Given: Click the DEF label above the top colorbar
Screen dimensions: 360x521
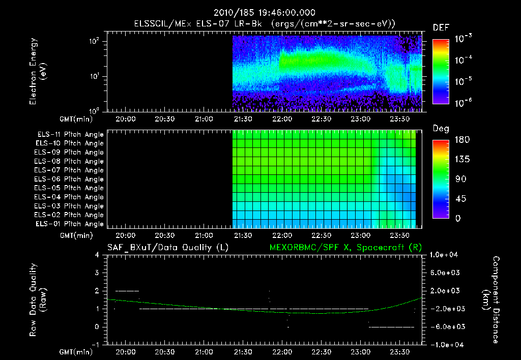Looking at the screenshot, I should click(441, 27).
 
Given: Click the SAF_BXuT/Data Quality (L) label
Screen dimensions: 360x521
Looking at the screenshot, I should click(167, 248).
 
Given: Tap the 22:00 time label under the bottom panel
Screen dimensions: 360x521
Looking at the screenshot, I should click(282, 351).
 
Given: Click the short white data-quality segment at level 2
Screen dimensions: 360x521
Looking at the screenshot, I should click(127, 291).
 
